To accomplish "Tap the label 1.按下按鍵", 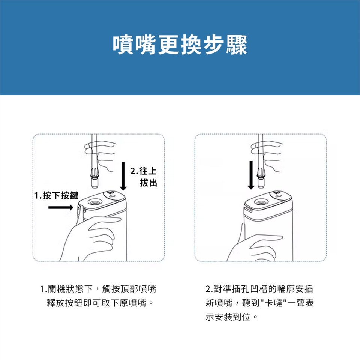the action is [x=56, y=195].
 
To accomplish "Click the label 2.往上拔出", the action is [x=144, y=177].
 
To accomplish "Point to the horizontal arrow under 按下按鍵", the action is [x=61, y=207].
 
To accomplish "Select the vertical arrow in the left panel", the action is [x=123, y=176].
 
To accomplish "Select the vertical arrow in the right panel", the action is [x=251, y=175].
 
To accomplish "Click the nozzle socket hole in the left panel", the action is [x=94, y=202].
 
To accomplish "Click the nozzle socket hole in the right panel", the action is [x=261, y=202].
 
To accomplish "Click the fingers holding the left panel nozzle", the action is [x=101, y=155].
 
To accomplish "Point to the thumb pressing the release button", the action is [x=79, y=214].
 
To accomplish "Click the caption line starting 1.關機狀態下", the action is [x=98, y=289].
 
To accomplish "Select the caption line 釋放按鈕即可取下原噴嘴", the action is [x=100, y=303].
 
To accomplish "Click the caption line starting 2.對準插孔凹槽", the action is [x=259, y=289].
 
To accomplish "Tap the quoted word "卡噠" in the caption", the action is [x=273, y=303].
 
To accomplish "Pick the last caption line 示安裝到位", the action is [x=232, y=317].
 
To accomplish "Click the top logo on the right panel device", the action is [x=277, y=193].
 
